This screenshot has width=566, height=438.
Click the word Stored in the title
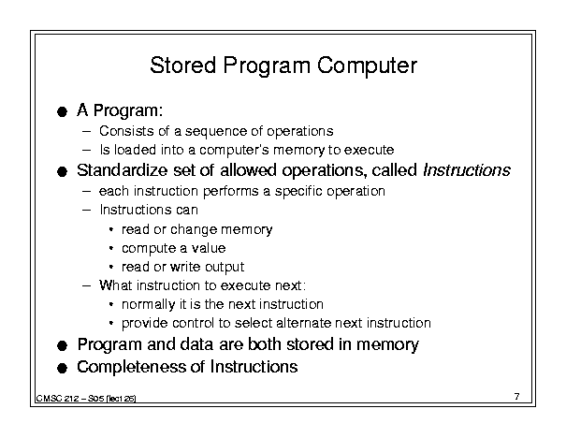(x=183, y=66)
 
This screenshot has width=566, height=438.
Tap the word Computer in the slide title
(x=367, y=66)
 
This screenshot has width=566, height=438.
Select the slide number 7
(x=517, y=397)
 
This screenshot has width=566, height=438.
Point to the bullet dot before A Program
(x=62, y=111)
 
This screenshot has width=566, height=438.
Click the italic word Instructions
(x=467, y=170)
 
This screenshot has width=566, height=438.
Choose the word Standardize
(x=122, y=170)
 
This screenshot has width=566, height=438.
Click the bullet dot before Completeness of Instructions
(x=62, y=369)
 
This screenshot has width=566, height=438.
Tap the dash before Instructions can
(x=87, y=210)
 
